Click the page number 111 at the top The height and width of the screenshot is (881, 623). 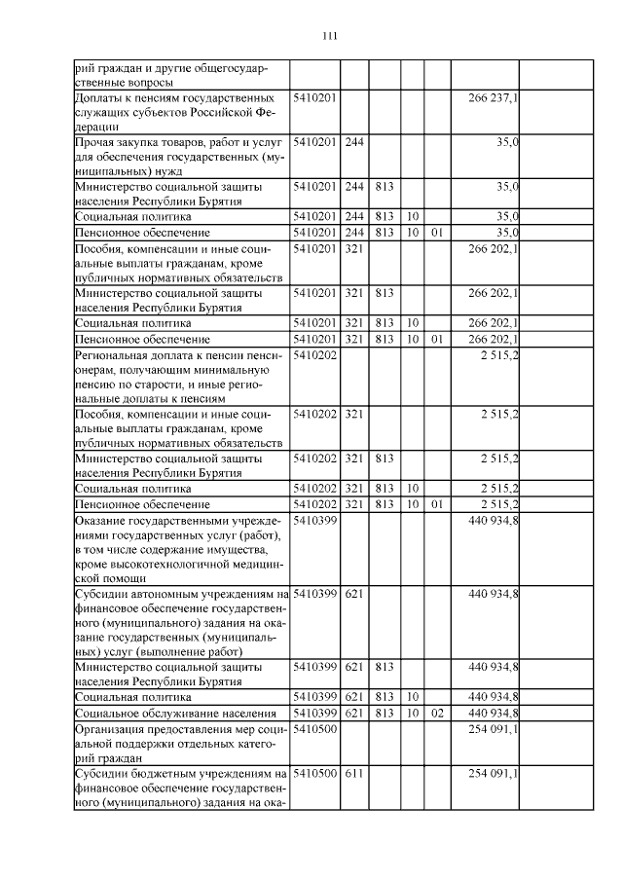pos(328,37)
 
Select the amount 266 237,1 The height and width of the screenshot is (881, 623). pos(493,98)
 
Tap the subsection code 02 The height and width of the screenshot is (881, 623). pos(437,714)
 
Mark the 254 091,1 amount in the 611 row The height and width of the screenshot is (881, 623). pos(493,774)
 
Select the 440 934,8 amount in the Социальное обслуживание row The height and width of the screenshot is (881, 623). pos(493,714)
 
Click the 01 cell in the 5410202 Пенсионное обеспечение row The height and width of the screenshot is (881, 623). pos(437,503)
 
